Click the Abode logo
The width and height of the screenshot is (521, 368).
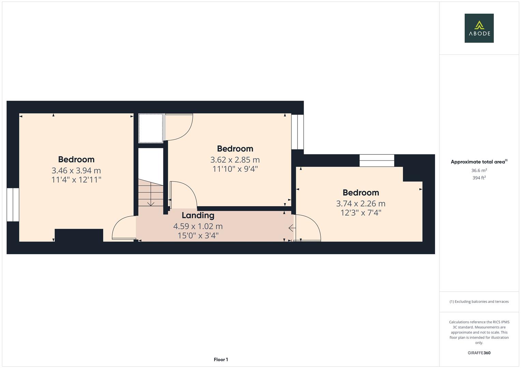[x=479, y=28]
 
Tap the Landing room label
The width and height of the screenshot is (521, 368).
[x=198, y=215]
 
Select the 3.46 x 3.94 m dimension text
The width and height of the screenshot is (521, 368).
[x=76, y=170]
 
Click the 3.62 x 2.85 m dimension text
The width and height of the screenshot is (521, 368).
[x=235, y=160]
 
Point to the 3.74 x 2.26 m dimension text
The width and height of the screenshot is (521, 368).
[x=361, y=204]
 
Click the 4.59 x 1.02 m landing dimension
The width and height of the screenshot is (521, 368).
[x=198, y=226]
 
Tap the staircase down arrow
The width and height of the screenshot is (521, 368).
[x=151, y=203]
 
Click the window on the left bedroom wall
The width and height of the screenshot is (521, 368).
[x=13, y=204]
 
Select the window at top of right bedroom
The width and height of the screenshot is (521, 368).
[x=377, y=160]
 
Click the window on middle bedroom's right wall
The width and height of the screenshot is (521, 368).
[x=298, y=132]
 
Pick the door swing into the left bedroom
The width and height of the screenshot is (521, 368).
[x=124, y=228]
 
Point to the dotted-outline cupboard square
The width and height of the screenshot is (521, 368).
[x=150, y=128]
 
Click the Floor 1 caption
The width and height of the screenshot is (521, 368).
[x=221, y=359]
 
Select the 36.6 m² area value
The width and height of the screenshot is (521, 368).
[x=479, y=170]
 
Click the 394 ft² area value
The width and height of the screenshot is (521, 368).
[x=479, y=178]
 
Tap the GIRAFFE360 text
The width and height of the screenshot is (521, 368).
[x=479, y=353]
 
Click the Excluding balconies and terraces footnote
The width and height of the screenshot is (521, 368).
[x=479, y=302]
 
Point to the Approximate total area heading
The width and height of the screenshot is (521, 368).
[x=478, y=162]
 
